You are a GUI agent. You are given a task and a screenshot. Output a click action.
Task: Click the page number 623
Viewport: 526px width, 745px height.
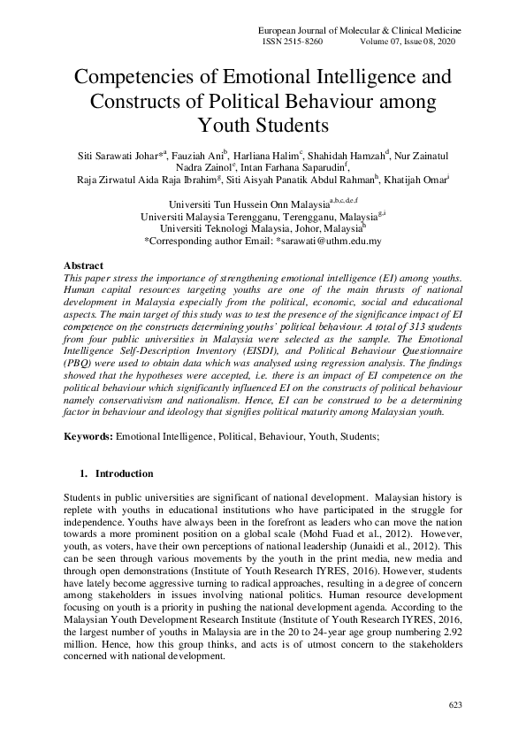click(x=454, y=704)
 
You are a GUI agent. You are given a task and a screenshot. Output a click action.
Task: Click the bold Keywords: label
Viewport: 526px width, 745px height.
click(x=88, y=437)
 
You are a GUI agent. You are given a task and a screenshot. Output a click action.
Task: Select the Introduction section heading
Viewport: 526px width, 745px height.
click(x=124, y=473)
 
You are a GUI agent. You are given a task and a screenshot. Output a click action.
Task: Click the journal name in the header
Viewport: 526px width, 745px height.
click(x=357, y=30)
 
